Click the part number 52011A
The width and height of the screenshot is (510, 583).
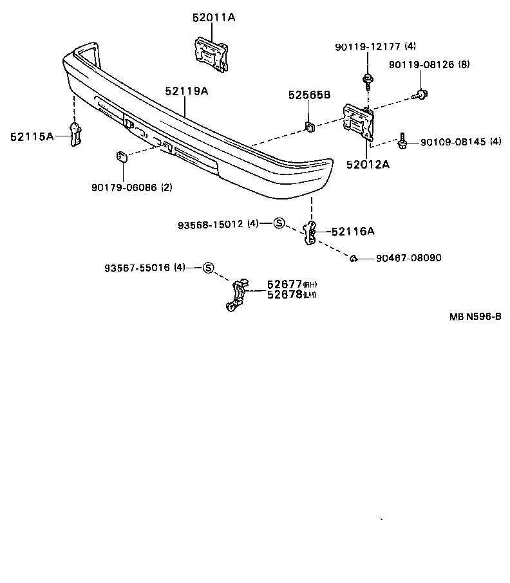click(213, 18)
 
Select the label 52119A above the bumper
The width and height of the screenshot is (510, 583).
click(186, 91)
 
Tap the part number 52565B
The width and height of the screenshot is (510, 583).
click(309, 95)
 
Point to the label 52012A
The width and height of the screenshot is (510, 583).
click(368, 164)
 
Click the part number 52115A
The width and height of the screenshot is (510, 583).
click(32, 136)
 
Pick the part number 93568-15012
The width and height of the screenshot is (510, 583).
click(211, 224)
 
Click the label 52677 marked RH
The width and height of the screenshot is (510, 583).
click(285, 284)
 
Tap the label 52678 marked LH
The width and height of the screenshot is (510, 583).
click(285, 294)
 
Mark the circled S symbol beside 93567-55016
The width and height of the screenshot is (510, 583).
click(208, 268)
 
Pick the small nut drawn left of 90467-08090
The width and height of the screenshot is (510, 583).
click(354, 259)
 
